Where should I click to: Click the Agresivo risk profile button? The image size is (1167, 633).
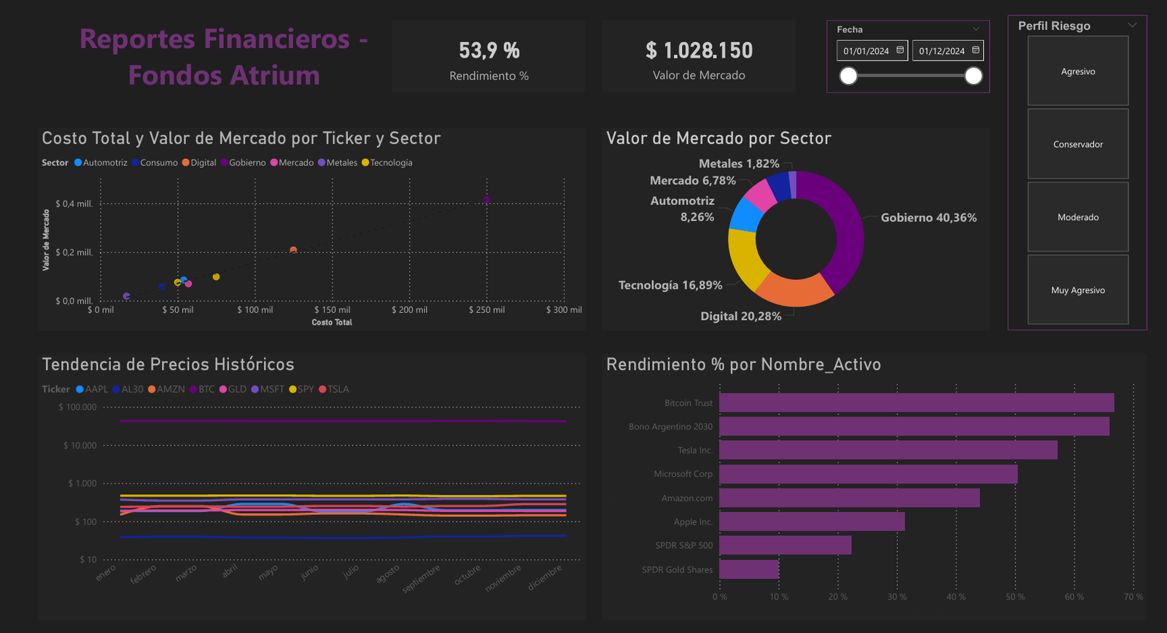1077,71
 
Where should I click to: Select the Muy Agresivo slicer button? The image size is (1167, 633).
1077,290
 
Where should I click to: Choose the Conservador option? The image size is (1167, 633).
1077,144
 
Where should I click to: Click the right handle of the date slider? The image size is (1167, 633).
973,76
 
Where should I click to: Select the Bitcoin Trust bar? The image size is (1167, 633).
916,403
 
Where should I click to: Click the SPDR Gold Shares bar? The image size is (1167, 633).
748,570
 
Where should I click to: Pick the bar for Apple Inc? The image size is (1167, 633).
811,521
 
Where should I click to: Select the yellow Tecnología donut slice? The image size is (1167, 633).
745,258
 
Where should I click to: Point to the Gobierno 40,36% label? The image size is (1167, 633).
928,217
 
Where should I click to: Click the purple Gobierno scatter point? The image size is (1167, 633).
486,200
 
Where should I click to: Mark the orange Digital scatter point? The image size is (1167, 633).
293,250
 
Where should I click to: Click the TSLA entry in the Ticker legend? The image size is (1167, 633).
338,389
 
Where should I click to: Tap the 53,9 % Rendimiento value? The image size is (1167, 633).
489,50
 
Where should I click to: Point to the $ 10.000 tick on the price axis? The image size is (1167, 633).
80,446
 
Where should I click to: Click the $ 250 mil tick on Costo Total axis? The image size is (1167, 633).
486,310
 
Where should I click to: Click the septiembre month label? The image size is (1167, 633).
422,578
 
